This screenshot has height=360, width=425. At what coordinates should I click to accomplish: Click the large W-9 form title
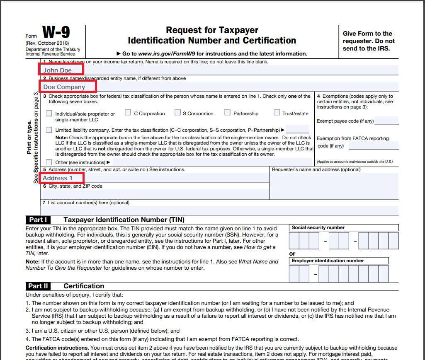(x=56, y=32)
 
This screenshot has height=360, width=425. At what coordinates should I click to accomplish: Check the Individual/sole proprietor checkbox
(x=49, y=114)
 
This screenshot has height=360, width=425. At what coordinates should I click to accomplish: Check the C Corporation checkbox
(x=128, y=113)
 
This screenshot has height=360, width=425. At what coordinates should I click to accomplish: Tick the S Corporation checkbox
(x=177, y=113)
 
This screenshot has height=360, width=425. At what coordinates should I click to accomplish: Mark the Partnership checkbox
(x=227, y=113)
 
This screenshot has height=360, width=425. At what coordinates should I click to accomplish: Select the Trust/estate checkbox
(x=277, y=113)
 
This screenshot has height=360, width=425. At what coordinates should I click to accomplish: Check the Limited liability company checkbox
(x=49, y=130)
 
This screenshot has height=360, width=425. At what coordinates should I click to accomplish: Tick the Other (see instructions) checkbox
(x=49, y=162)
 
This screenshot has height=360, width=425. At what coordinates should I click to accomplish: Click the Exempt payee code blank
(x=386, y=121)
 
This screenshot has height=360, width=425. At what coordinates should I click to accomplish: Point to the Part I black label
(x=38, y=220)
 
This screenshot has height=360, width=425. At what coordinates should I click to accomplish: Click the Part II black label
(x=38, y=286)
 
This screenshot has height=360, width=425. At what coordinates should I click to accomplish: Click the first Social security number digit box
(x=294, y=240)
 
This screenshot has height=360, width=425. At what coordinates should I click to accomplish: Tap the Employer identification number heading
(x=328, y=261)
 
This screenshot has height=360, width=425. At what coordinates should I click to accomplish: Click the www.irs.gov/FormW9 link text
(x=165, y=53)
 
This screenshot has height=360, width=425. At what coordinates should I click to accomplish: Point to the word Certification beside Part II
(x=84, y=286)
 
